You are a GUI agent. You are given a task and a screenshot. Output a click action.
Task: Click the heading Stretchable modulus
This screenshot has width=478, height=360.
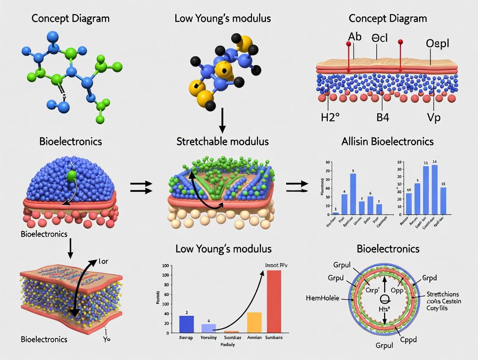[x=223, y=141]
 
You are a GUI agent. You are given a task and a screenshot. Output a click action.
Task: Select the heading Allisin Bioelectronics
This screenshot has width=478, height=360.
[x=381, y=141]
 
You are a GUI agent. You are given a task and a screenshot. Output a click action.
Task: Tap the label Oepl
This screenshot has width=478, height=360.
[x=438, y=44]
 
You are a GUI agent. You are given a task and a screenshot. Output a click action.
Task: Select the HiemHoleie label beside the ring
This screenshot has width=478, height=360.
[x=323, y=298]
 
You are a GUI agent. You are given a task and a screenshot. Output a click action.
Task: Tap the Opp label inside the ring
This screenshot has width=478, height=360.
[x=397, y=290]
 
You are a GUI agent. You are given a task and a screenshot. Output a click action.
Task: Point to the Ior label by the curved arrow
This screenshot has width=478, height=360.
[x=103, y=261]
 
